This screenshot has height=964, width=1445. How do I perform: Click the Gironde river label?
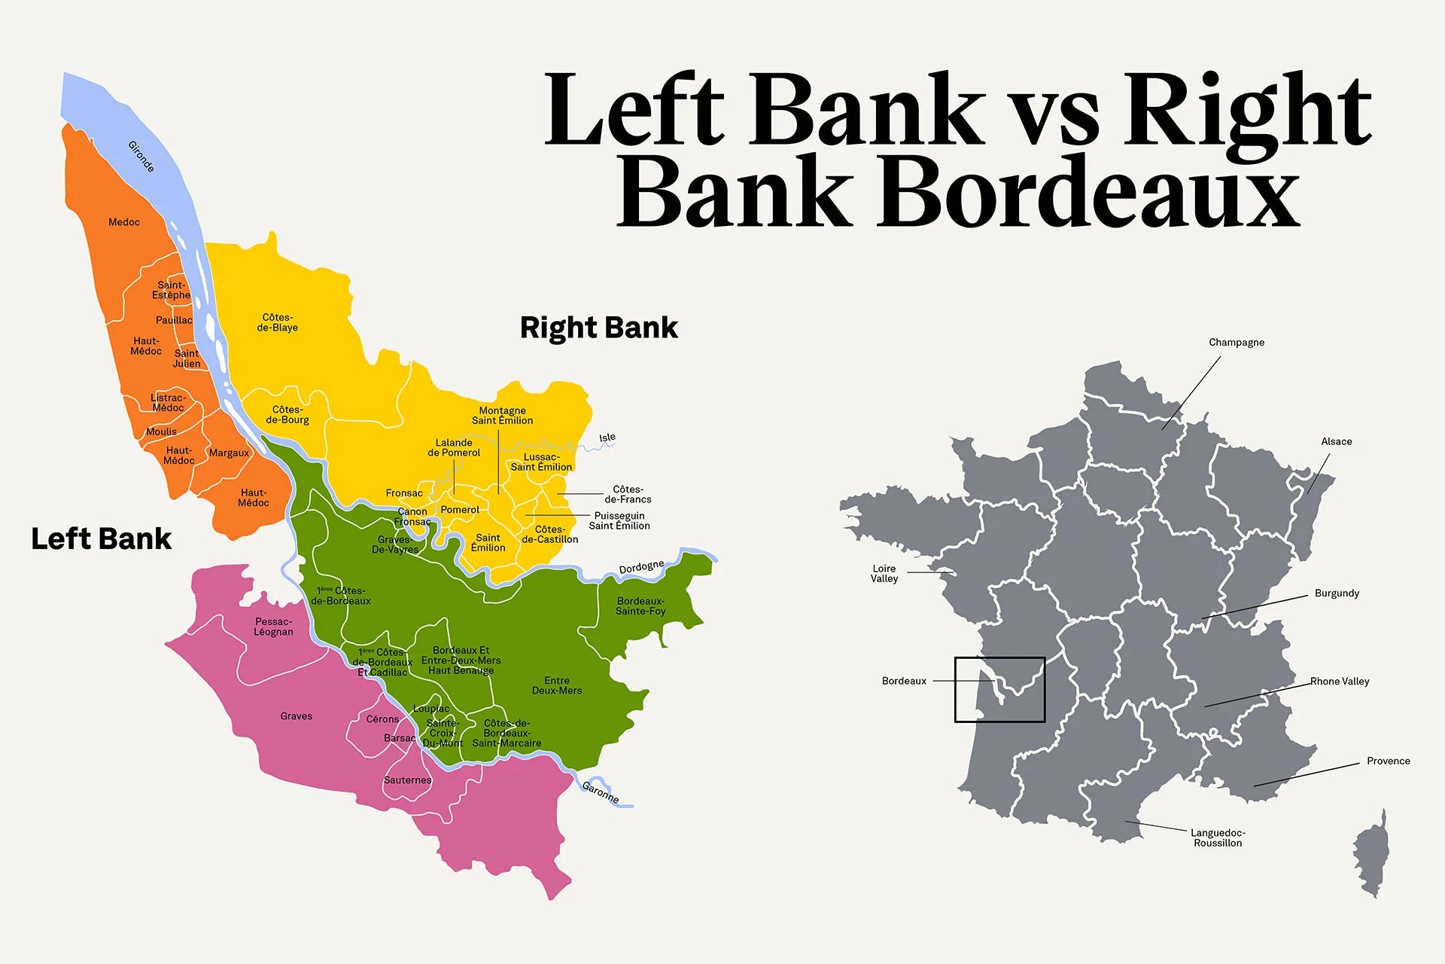tap(141, 157)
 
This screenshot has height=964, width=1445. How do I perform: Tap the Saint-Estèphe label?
tap(171, 290)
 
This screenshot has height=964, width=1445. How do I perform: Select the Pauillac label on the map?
tap(174, 320)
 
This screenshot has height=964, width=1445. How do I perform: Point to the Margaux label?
tap(229, 453)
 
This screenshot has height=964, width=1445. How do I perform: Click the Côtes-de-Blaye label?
tap(278, 322)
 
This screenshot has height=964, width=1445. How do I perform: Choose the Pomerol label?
tap(460, 510)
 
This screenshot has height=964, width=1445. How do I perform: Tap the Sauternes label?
tap(407, 780)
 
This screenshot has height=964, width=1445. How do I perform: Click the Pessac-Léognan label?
tap(273, 627)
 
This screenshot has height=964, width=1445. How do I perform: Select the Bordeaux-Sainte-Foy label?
tap(640, 606)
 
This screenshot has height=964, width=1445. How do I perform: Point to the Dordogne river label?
tap(641, 567)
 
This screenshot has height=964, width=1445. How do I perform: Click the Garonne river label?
tap(601, 792)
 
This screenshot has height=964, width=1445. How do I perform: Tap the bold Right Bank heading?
tap(599, 328)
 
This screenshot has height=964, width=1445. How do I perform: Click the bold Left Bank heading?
tap(102, 539)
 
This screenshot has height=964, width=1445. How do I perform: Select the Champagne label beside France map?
tap(1237, 343)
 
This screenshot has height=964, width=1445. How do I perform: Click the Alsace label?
tap(1337, 441)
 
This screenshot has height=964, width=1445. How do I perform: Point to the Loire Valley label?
tap(884, 574)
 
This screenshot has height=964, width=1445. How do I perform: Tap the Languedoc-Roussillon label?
tap(1218, 837)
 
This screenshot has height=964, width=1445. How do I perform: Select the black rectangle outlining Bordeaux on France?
tap(1000, 658)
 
